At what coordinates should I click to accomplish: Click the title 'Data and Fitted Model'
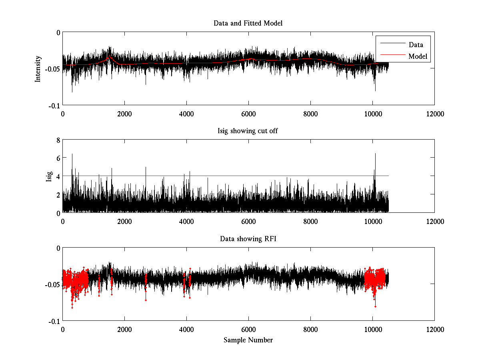pos(248,23)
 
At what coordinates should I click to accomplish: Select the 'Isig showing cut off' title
pos(248,131)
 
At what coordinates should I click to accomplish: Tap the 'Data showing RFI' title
pos(248,239)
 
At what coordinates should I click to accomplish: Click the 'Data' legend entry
pos(416,45)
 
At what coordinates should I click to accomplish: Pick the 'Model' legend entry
pos(418,56)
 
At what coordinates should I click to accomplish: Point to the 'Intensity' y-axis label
pos(38,68)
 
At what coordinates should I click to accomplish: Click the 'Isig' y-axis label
pos(49,176)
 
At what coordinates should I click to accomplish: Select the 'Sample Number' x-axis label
pos(248,340)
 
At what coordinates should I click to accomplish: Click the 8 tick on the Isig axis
pos(58,140)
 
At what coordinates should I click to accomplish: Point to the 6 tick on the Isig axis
pos(58,158)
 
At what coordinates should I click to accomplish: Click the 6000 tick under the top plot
pos(248,114)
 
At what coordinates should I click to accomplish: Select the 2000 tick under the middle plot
pos(124,221)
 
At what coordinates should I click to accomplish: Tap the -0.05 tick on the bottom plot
pos(52,284)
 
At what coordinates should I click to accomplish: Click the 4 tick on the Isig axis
pos(58,176)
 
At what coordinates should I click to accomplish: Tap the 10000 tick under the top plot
pos(372,114)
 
